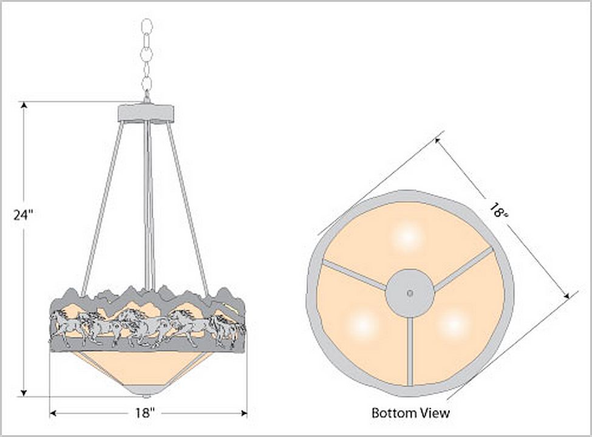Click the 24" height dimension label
pyautogui.click(x=24, y=215)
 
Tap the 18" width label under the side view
pyautogui.click(x=145, y=413)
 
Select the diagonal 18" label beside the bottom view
pyautogui.click(x=499, y=211)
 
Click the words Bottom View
pyautogui.click(x=410, y=413)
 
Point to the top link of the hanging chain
pyautogui.click(x=146, y=27)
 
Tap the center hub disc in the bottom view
pyautogui.click(x=410, y=293)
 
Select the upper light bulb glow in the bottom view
pyautogui.click(x=408, y=237)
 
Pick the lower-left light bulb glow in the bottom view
pyautogui.click(x=363, y=325)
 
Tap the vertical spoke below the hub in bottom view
pyautogui.click(x=410, y=351)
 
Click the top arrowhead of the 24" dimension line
pyautogui.click(x=24, y=105)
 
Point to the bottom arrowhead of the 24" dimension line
pyautogui.click(x=24, y=393)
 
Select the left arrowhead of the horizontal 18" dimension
pyautogui.click(x=53, y=413)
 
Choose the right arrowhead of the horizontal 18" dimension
pyautogui.click(x=244, y=413)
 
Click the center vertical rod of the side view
pyautogui.click(x=148, y=206)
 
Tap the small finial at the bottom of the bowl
pyautogui.click(x=146, y=396)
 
